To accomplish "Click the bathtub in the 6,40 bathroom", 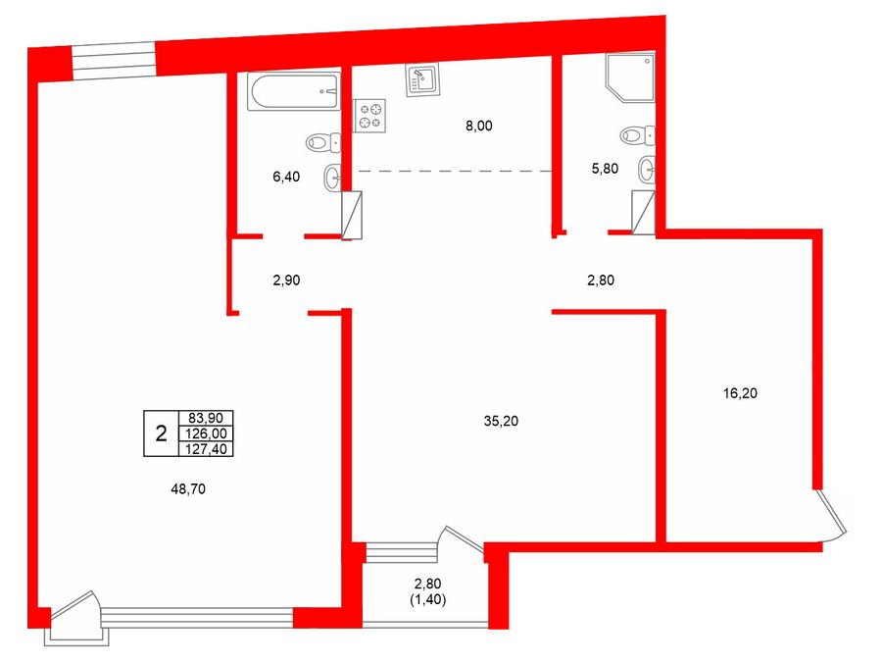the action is [x=294, y=91].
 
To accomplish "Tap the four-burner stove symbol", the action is [x=369, y=116].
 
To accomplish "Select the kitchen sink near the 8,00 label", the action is [x=423, y=80].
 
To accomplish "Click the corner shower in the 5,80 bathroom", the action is [x=630, y=77].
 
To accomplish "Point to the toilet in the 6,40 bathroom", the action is [x=323, y=142].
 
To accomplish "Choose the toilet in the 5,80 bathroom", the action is [x=638, y=135].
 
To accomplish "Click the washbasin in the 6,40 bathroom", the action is [x=332, y=178].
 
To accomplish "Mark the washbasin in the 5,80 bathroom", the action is [x=647, y=169].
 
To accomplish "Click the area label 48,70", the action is [x=188, y=489].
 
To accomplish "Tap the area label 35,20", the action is [x=501, y=421].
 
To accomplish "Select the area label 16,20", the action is [x=740, y=393].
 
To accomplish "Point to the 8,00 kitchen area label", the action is [x=478, y=126].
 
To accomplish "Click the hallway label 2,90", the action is [x=286, y=280].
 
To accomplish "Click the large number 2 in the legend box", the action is [x=161, y=433].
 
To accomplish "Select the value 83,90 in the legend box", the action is [x=206, y=418].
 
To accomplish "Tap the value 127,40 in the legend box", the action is [x=206, y=448].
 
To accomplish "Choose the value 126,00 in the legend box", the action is [x=206, y=433].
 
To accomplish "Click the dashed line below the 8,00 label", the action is [x=455, y=170].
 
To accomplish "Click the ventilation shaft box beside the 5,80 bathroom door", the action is [x=643, y=212].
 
